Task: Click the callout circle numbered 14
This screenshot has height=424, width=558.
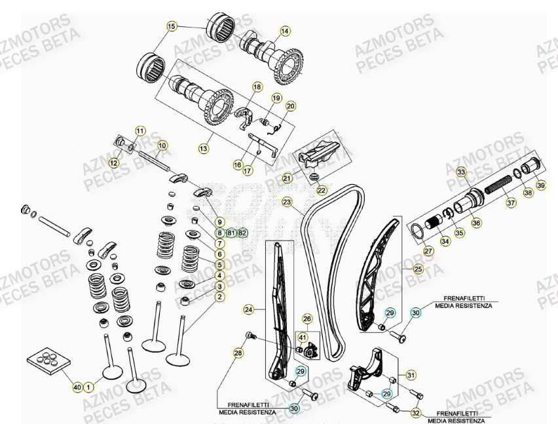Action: [x=285, y=31]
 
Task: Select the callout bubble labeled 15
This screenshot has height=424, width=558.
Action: [x=172, y=27]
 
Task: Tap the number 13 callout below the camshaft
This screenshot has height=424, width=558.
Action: [x=204, y=149]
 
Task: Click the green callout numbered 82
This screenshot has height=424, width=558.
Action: [x=243, y=233]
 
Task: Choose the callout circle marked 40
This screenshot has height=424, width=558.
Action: [x=77, y=388]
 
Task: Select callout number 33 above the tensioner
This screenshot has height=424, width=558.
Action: [x=461, y=172]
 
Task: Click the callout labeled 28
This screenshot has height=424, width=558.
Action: [x=238, y=353]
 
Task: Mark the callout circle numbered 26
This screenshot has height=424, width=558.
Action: [x=307, y=318]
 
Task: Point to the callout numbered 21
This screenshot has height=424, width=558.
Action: [x=287, y=178]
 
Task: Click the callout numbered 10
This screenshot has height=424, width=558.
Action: [x=162, y=145]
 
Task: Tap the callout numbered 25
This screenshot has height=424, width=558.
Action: [x=418, y=269]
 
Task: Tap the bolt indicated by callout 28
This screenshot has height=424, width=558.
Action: [x=249, y=336]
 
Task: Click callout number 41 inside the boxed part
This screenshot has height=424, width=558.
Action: [x=302, y=337]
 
